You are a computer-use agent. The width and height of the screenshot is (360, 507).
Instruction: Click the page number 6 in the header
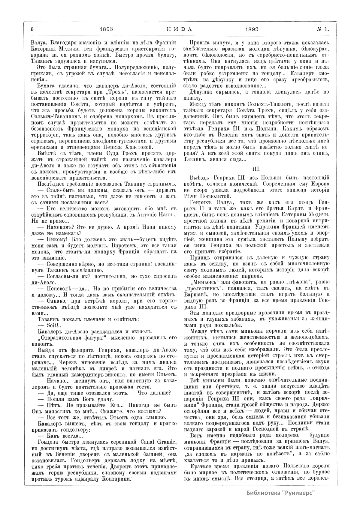pos(32,29)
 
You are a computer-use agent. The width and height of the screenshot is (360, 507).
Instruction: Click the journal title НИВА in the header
pos(179,29)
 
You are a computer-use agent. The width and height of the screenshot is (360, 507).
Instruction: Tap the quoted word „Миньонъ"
pos(200,283)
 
